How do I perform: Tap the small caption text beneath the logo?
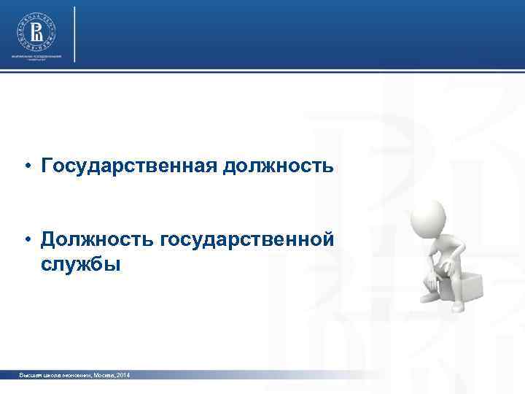point(36,58)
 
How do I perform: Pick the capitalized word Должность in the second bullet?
point(97,240)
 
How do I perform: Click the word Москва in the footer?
point(98,374)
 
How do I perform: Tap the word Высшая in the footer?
point(32,374)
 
